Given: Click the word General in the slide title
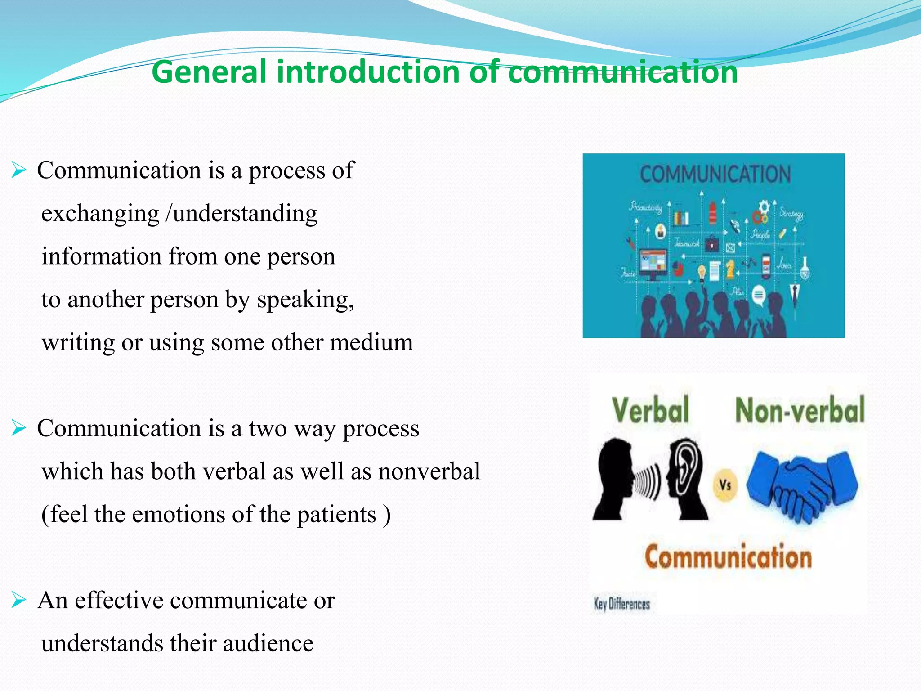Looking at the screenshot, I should tap(209, 72).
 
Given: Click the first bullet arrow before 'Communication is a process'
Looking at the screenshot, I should tap(18, 171).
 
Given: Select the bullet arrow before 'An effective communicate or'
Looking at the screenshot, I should tap(18, 601).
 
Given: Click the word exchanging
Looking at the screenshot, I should tap(100, 213).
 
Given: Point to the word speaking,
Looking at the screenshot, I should tap(305, 300).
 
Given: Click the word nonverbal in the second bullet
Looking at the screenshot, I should tap(429, 471).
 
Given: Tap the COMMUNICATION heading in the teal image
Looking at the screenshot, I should tap(715, 175).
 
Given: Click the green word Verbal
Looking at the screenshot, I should tap(650, 410).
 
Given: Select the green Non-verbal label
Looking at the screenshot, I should tap(799, 410).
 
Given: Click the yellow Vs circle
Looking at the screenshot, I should tap(725, 485).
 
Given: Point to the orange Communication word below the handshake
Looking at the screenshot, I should tap(728, 557).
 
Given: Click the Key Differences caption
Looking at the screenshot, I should tap(622, 604).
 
